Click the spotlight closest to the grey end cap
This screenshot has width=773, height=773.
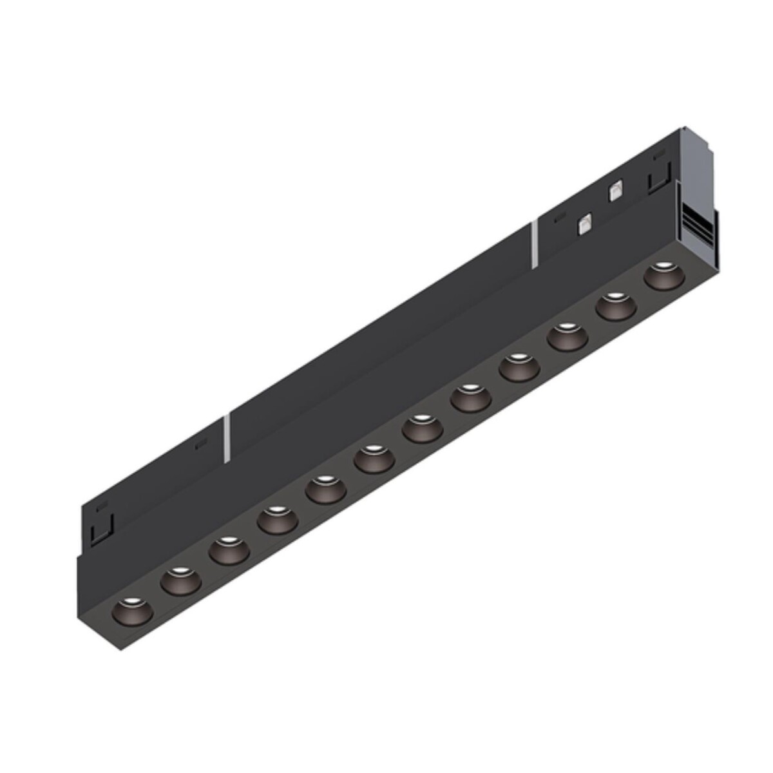point(663,276)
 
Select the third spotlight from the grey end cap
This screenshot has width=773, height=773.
point(568,337)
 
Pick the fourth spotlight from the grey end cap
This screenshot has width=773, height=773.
point(519,367)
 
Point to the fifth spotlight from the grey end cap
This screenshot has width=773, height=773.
point(471,398)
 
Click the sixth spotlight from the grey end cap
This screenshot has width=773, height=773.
point(423,428)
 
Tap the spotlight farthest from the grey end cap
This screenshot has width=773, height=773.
point(132,611)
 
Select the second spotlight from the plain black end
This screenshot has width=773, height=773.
point(180,581)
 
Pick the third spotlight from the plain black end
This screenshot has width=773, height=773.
point(229,551)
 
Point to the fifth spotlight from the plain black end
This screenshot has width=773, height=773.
point(325,490)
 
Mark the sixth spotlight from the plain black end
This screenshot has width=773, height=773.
point(374,459)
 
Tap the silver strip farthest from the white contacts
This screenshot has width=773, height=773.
point(227,437)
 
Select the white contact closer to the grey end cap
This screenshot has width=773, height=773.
point(615,190)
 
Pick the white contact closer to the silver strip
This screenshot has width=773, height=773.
point(586,224)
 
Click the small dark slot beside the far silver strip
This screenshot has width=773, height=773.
point(202,444)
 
